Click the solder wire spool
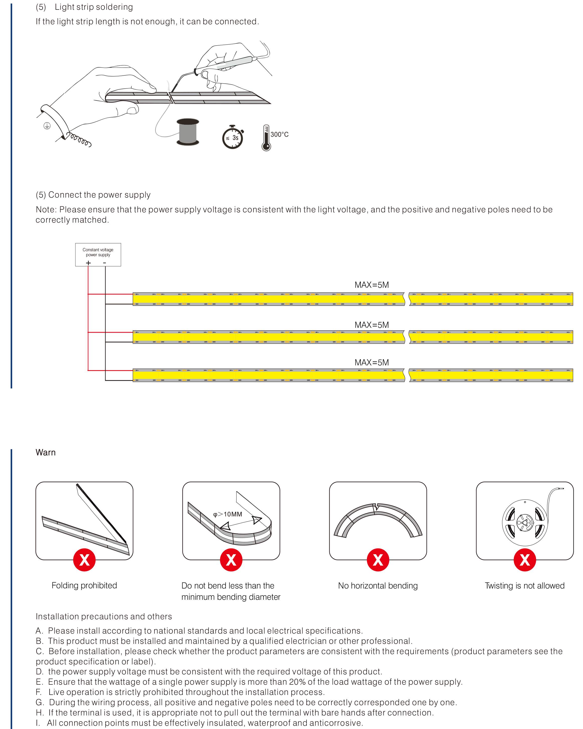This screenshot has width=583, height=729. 188,132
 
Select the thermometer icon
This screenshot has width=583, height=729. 266,138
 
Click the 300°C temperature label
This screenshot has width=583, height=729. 279,134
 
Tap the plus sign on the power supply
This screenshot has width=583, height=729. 88,263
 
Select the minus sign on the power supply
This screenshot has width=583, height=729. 105,263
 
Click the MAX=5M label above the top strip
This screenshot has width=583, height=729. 371,285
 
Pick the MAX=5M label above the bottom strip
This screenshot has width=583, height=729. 371,362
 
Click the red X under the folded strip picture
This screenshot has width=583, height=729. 84,560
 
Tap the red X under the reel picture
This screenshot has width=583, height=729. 524,560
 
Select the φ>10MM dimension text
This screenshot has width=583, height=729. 227,514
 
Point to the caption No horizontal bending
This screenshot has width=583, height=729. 378,586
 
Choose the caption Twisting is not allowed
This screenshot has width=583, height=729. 524,586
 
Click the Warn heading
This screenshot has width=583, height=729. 45,453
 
